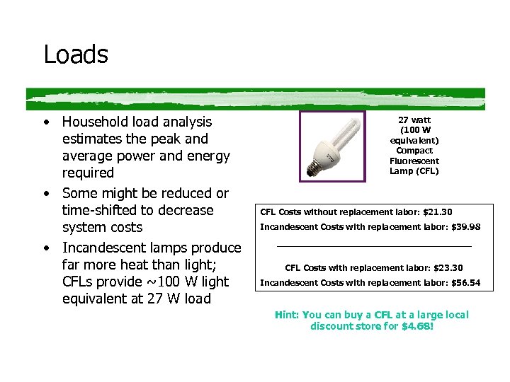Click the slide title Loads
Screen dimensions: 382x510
pos(76,54)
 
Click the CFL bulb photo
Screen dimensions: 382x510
pos(332,146)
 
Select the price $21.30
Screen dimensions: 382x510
pos(437,212)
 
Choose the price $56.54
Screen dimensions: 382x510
pos(465,283)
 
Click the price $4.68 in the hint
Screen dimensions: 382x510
pos(416,327)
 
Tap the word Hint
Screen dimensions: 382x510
pos(286,315)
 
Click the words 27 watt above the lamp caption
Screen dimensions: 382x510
pos(414,120)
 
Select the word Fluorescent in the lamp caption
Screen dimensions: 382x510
pos(414,161)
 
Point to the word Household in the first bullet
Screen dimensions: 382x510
pos(97,122)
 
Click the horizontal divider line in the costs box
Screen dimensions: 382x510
pos(373,246)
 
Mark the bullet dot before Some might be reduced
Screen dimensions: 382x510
pos(46,193)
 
